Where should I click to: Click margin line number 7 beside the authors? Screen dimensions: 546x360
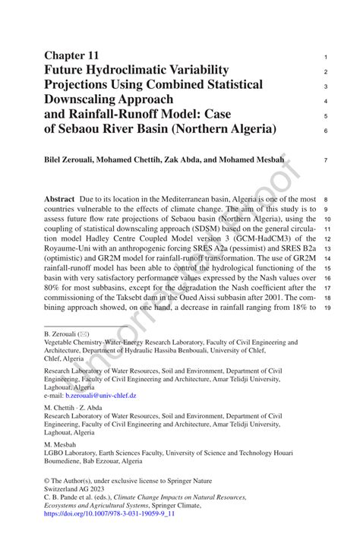pos(325,160)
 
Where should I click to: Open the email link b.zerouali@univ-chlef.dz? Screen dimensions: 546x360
pos(101,396)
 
